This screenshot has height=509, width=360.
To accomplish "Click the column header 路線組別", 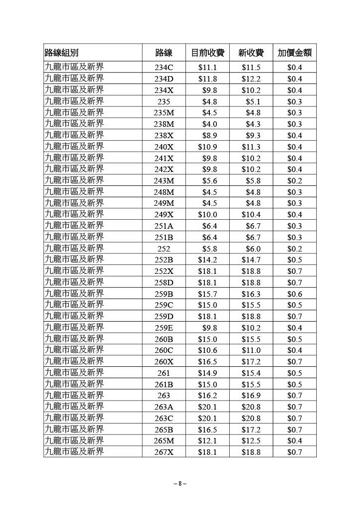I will pos(62,53).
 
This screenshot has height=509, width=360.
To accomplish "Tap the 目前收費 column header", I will pos(207,53).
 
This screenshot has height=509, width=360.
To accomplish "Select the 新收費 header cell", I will pos(251,53).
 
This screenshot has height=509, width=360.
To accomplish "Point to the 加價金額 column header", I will pos(294,53).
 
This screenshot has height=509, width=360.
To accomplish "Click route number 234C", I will pos(164,67).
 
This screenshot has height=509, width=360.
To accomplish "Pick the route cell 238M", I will pos(164,124).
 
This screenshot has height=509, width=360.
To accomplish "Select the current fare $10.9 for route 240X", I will pos(207,147).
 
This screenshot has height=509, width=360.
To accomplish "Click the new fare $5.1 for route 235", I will pos(253,101).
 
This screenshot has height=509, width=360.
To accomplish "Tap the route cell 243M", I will pos(164,180).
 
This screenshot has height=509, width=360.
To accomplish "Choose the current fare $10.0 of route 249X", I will pos(207,215).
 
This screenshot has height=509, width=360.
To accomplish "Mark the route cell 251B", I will pos(164,237).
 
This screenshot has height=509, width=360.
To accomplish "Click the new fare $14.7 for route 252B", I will pos(251,260).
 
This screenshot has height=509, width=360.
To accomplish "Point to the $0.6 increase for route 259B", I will pos(294,294).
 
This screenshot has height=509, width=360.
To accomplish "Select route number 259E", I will pos(164,328).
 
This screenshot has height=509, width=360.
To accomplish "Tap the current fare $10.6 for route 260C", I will pos(207,350).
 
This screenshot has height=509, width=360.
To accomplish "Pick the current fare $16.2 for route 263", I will pos(207,396).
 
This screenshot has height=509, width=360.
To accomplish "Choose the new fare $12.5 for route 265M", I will pos(251,441).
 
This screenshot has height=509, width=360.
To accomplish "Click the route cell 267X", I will pos(164,452).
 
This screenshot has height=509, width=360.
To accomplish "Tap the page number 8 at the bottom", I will pos(180,483).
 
